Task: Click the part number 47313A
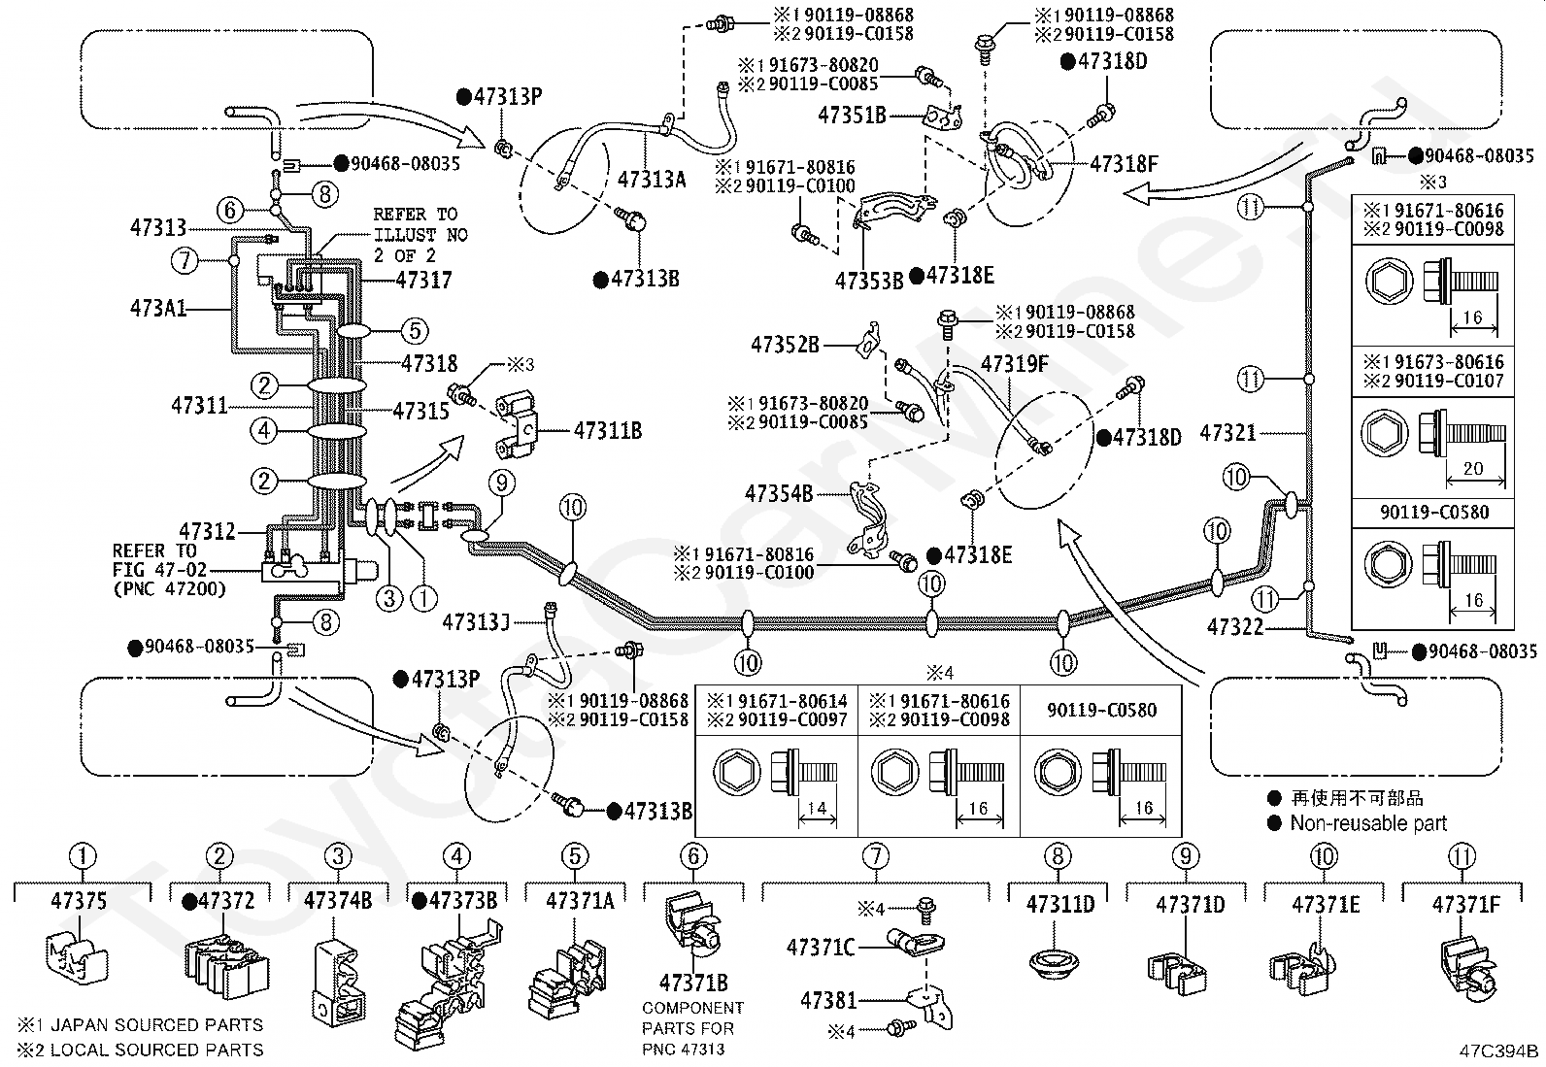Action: [x=652, y=180]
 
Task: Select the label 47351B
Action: [x=852, y=115]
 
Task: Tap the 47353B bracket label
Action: [x=869, y=281]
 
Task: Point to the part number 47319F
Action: [x=1015, y=364]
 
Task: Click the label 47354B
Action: [x=779, y=493]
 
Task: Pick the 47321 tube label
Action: [x=1227, y=433]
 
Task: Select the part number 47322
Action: [x=1234, y=626]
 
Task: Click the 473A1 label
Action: [x=158, y=308]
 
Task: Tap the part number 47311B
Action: [x=608, y=431]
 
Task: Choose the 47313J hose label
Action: [x=476, y=621]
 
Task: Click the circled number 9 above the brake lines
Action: [x=502, y=483]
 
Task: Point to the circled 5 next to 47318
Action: [x=415, y=331]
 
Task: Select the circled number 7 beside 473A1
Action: [x=185, y=261]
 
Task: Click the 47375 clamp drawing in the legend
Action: [x=78, y=958]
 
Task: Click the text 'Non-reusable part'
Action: [x=1368, y=823]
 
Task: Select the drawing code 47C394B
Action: [x=1498, y=1050]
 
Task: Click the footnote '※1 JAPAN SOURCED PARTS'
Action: [x=140, y=1024]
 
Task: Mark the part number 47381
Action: [x=828, y=999]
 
